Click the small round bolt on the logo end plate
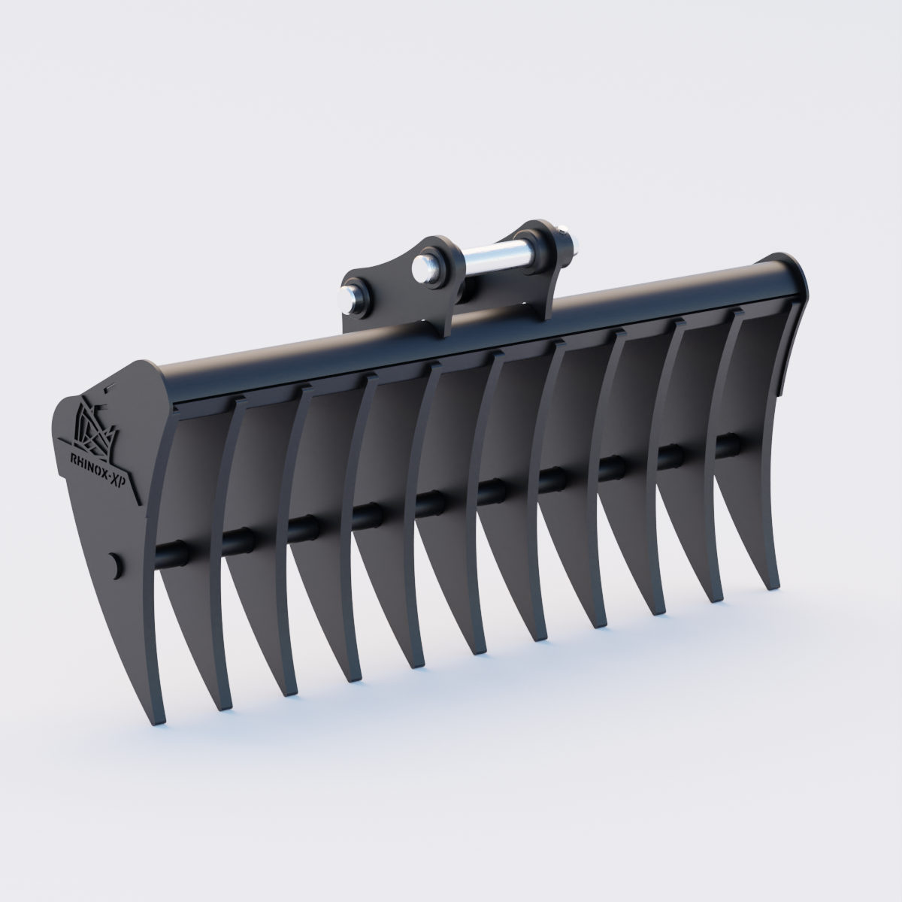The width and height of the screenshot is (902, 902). pyautogui.click(x=115, y=565)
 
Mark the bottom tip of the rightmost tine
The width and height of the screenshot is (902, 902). pyautogui.click(x=772, y=587)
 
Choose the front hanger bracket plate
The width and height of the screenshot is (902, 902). pyautogui.click(x=398, y=293)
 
